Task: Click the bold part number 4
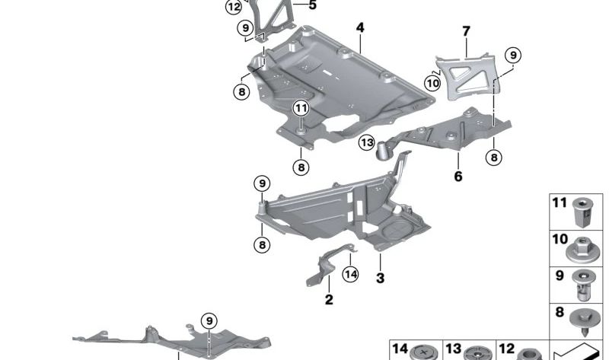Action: coord(359,28)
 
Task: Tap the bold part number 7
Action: coord(466,32)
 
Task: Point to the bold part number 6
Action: coord(458,177)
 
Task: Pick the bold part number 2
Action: coord(329,300)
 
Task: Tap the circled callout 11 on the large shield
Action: coord(301,109)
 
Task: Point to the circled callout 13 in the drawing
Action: coord(368,142)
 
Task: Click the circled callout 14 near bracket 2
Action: coord(349,275)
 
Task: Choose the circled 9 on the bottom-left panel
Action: coord(207,320)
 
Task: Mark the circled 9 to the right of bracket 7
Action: coord(512,55)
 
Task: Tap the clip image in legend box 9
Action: coord(584,284)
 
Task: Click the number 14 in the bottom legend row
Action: coord(400,348)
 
